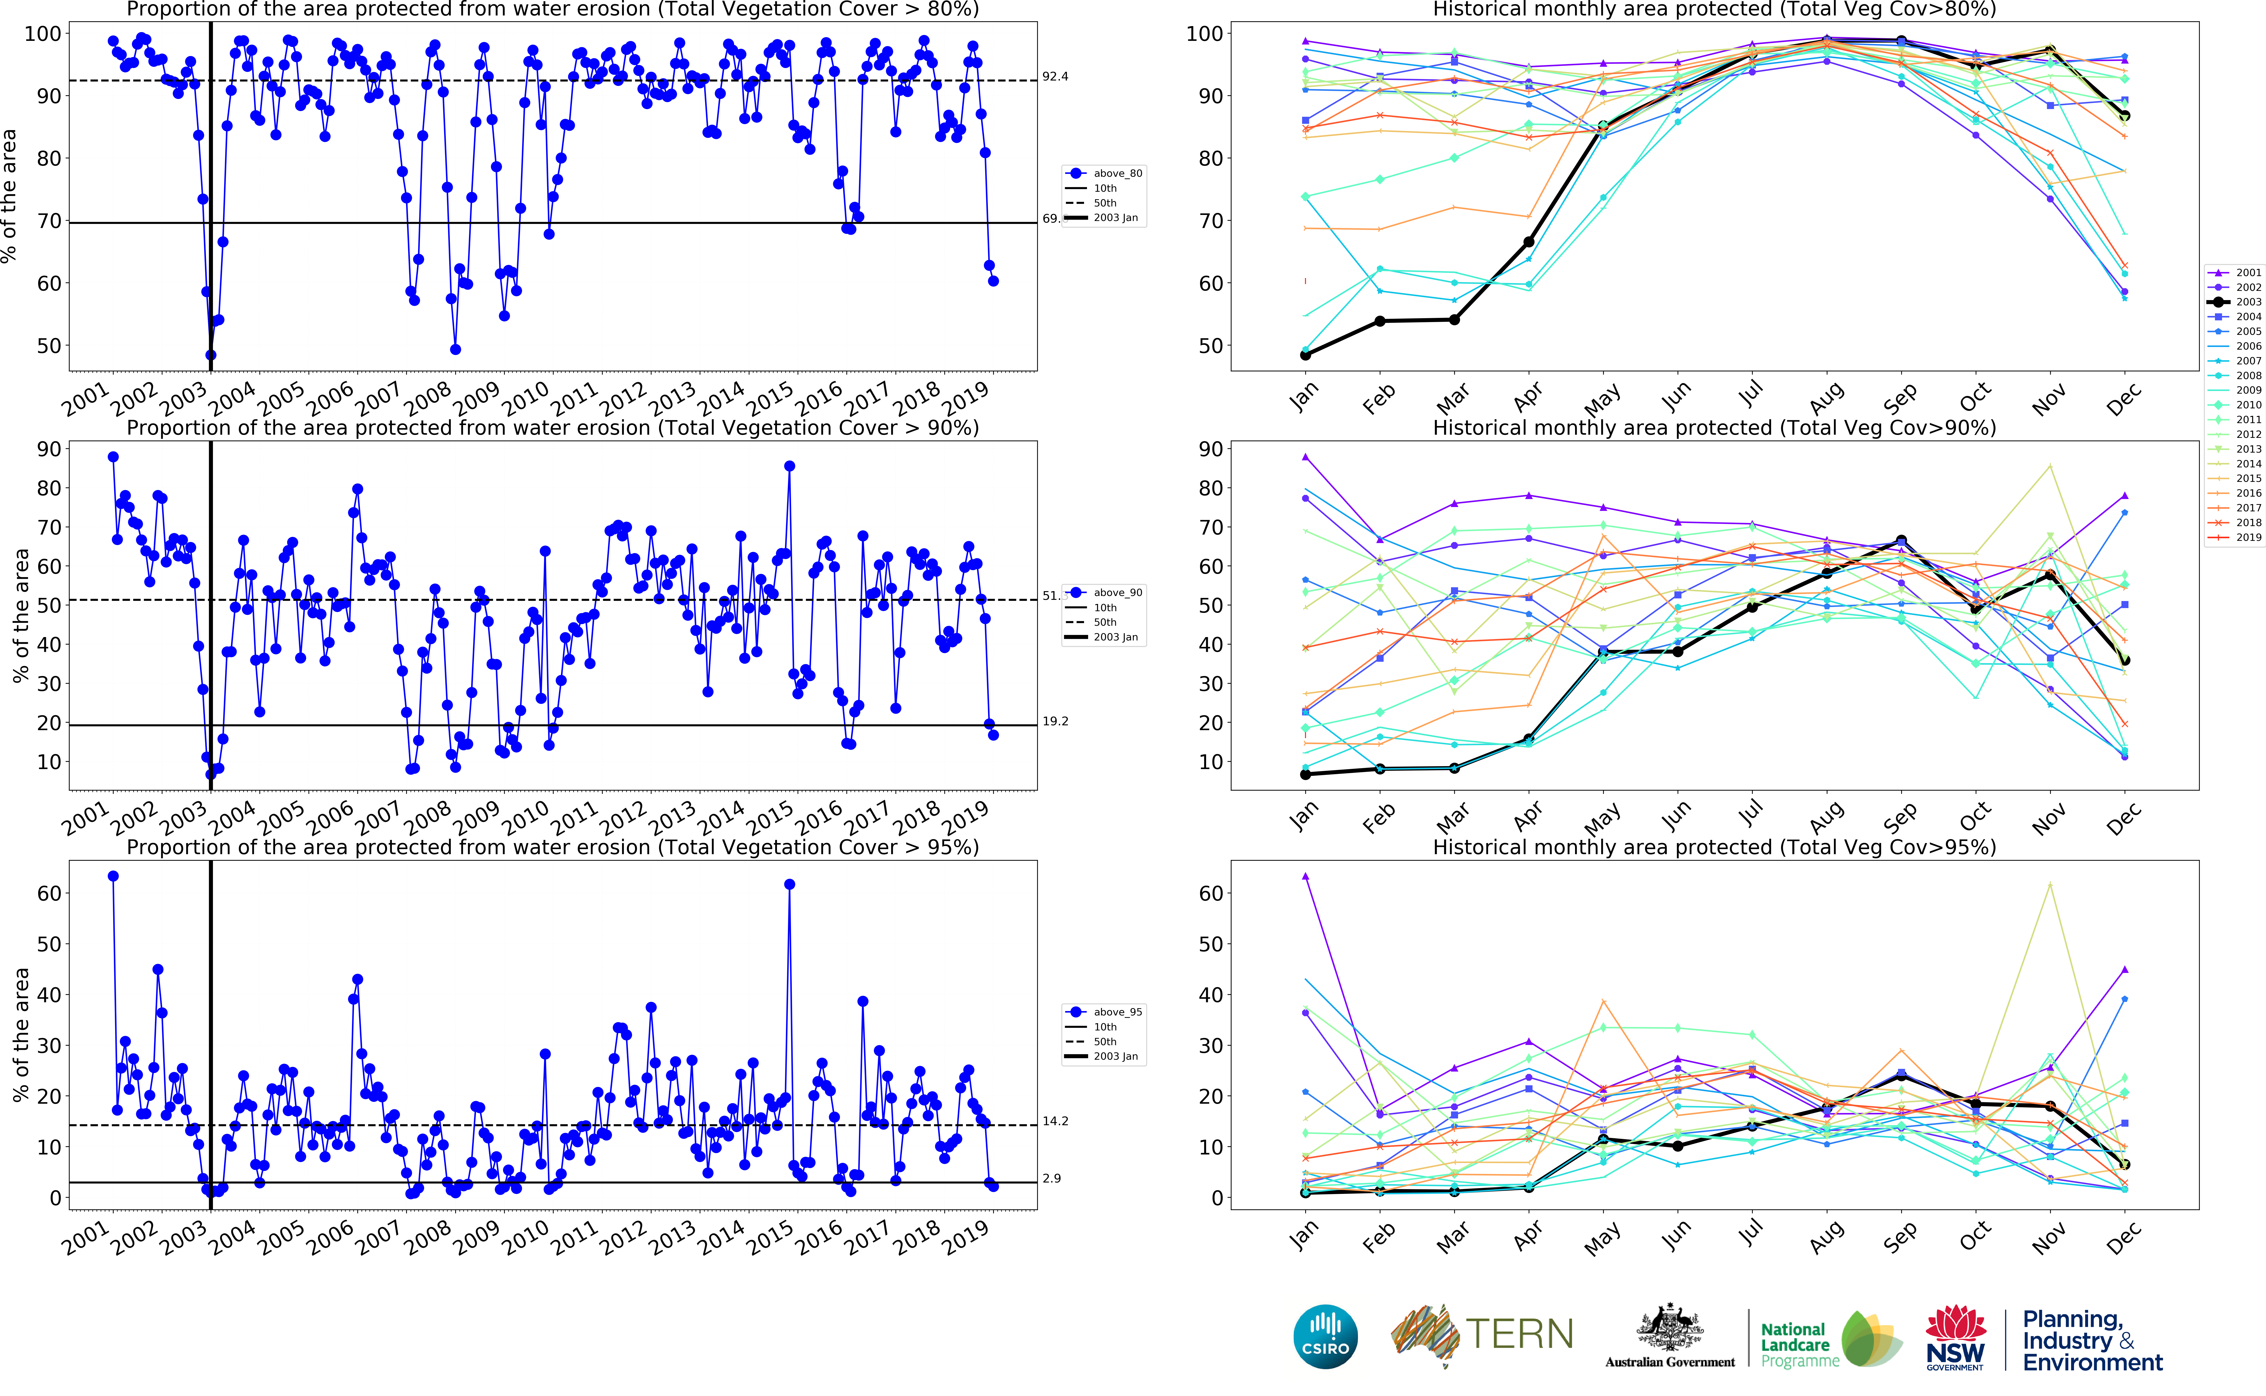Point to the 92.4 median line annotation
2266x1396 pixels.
pyautogui.click(x=1055, y=77)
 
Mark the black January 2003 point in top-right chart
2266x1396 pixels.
pyautogui.click(x=1305, y=354)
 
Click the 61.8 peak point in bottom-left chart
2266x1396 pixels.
pyautogui.click(x=789, y=884)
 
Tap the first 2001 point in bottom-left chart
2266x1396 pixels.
pyautogui.click(x=114, y=876)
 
